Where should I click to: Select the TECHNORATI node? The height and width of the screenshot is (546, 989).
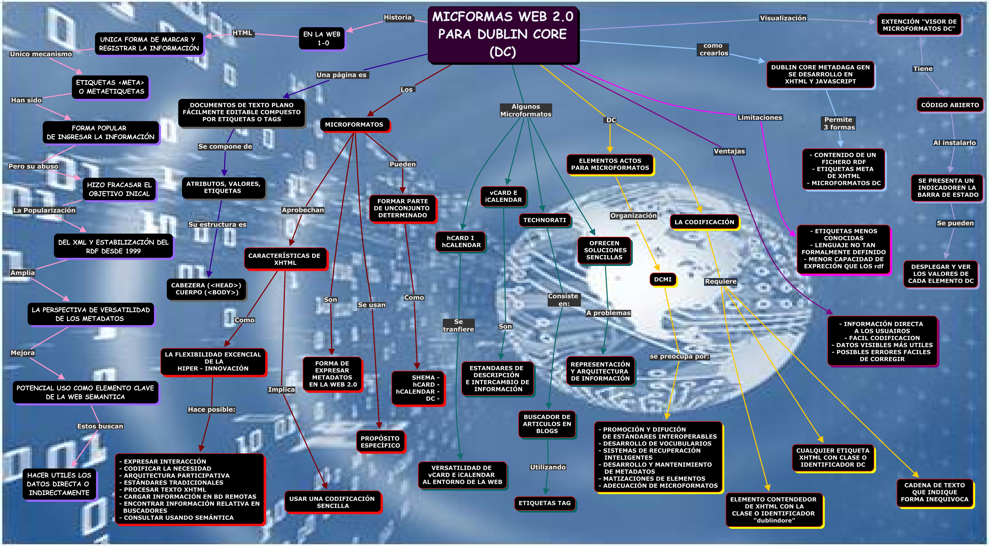click(545, 220)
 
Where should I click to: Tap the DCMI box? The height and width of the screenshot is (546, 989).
click(663, 279)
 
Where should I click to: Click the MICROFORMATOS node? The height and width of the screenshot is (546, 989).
click(354, 124)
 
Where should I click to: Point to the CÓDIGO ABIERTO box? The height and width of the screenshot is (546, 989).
click(950, 105)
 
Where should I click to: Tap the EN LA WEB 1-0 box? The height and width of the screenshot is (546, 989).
click(322, 38)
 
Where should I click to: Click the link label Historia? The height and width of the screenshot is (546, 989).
click(397, 17)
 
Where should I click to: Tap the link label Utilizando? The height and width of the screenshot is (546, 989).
click(548, 467)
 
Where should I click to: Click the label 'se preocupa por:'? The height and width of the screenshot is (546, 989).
click(679, 356)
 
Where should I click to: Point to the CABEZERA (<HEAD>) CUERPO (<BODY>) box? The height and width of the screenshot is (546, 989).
click(206, 289)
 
